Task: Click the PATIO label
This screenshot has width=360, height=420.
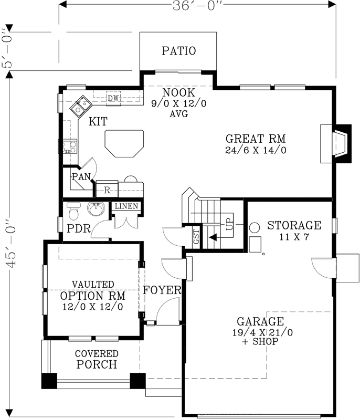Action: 178,51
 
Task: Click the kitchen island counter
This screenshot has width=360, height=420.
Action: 124,143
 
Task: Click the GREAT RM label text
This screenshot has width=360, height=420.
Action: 255,139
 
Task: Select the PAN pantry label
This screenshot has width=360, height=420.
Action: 81,177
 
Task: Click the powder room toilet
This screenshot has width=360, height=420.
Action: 73,211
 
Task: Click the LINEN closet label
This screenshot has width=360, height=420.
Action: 127,206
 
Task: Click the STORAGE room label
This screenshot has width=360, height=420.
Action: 294,226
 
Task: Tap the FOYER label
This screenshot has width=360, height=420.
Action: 163,290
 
